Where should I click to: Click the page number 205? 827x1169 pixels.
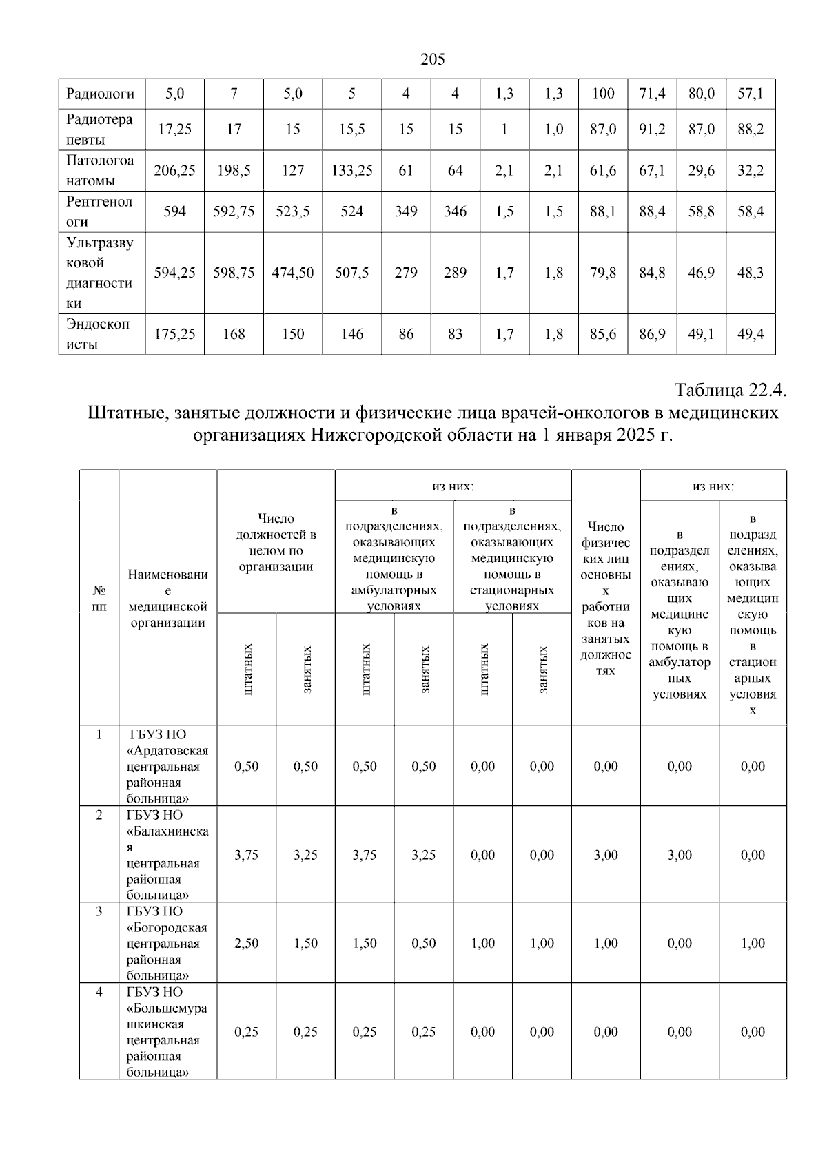point(433,60)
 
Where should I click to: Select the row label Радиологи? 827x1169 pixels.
point(101,94)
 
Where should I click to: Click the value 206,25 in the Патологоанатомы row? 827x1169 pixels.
point(174,171)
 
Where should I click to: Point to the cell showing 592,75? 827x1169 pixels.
point(234,211)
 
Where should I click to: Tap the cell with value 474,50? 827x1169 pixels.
point(292,273)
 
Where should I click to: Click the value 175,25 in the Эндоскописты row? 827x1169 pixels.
point(174,334)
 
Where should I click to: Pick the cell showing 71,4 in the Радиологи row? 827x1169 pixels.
point(652,94)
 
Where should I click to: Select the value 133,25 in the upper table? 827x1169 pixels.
point(351,171)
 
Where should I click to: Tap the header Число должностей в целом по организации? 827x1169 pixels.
point(276,543)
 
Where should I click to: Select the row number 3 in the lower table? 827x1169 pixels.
point(99,911)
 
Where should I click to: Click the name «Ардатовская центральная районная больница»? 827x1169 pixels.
point(167,766)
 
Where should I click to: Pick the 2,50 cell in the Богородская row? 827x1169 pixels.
point(246,943)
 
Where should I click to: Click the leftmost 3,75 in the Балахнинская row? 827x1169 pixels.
point(246,855)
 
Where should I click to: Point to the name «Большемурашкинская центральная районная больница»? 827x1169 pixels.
point(167,1031)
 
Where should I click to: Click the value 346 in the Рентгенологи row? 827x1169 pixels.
point(455,211)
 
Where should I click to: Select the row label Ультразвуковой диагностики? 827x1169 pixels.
point(101,273)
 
